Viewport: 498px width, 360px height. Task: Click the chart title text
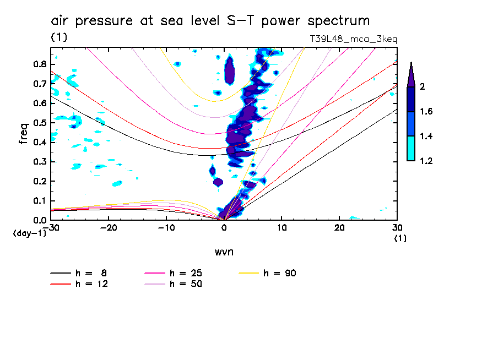pos(210,21)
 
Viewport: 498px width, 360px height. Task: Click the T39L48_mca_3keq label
pos(354,39)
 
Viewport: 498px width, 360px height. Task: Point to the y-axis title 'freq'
pos(24,133)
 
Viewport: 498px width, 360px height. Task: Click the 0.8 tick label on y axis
pos(39,64)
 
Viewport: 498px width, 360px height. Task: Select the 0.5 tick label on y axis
pos(39,123)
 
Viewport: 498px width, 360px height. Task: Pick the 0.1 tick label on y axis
pos(39,201)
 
